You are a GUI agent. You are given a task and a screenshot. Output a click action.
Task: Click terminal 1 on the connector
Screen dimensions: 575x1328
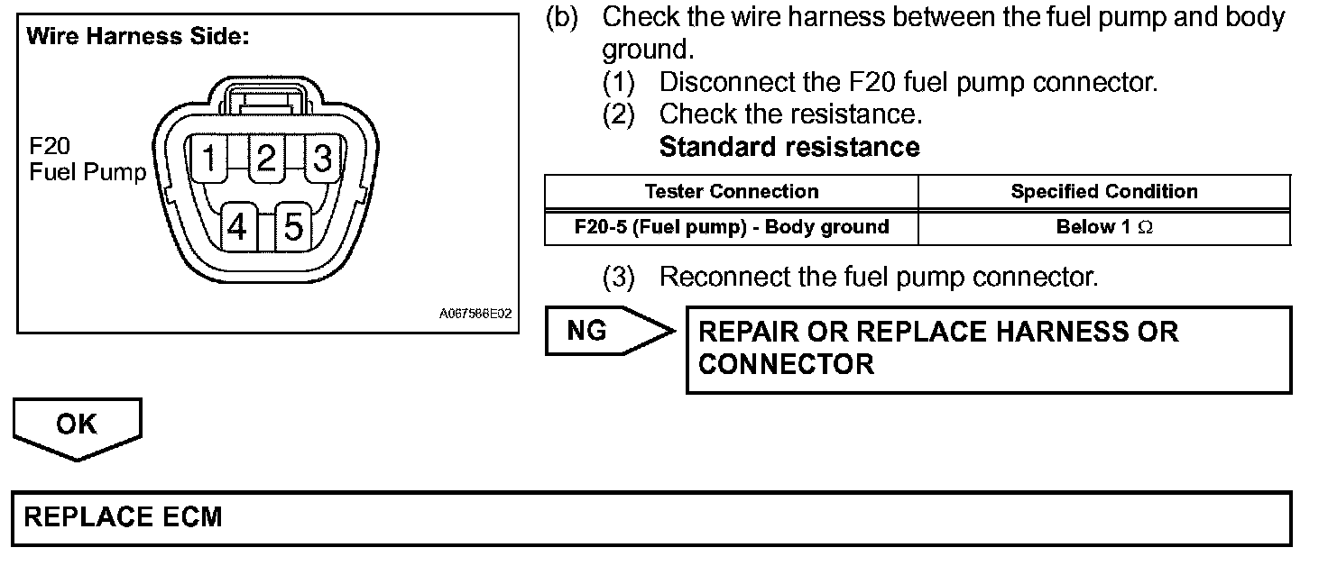click(208, 160)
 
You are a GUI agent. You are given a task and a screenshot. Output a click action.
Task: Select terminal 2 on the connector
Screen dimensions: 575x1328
click(265, 160)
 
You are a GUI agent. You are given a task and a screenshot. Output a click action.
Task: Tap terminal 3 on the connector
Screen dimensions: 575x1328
click(322, 160)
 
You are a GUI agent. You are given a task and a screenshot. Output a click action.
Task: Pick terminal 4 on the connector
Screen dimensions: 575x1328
click(237, 226)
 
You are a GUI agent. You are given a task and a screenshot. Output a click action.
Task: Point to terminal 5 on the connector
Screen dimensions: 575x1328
click(293, 226)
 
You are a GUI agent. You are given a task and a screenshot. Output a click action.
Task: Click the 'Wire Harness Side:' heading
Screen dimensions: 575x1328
click(137, 38)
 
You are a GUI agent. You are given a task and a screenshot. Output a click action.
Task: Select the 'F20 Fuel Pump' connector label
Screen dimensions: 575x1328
click(88, 160)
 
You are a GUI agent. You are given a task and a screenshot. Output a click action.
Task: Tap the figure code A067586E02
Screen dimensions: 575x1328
click(475, 315)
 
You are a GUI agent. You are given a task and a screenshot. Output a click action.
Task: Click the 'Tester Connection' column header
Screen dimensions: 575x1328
click(732, 192)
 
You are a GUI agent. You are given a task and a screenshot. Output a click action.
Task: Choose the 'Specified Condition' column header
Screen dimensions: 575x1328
click(1104, 192)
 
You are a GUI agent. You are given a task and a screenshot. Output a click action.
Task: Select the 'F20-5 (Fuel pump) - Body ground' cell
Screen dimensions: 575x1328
click(732, 227)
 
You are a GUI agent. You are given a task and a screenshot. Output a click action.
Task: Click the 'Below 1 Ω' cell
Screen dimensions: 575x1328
click(1104, 227)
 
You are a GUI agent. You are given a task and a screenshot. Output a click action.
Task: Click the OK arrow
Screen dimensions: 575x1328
click(78, 425)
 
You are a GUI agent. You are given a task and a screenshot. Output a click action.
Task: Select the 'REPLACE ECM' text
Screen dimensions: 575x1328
click(123, 517)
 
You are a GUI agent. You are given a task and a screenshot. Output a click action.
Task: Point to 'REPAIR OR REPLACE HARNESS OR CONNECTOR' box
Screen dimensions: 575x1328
click(988, 349)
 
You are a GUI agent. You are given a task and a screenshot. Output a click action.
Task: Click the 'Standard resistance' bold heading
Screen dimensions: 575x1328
click(789, 147)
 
